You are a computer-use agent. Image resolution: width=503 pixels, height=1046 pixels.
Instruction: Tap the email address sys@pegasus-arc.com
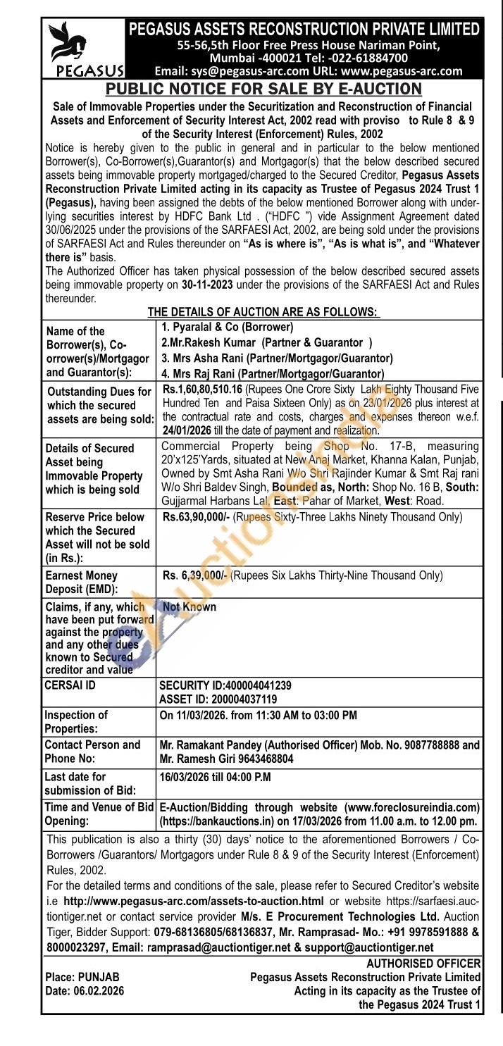(241, 70)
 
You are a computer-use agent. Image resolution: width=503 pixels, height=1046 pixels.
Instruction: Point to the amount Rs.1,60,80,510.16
(207, 388)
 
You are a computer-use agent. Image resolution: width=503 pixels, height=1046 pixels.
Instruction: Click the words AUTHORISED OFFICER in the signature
(423, 963)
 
